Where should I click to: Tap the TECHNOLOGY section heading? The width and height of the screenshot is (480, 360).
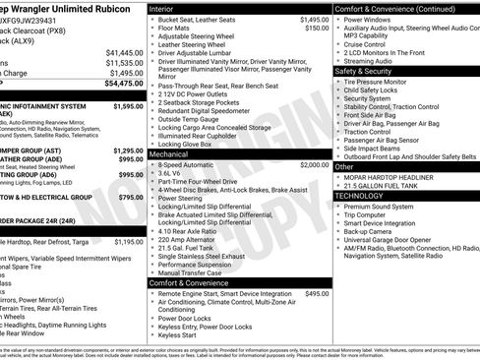(x=360, y=196)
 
